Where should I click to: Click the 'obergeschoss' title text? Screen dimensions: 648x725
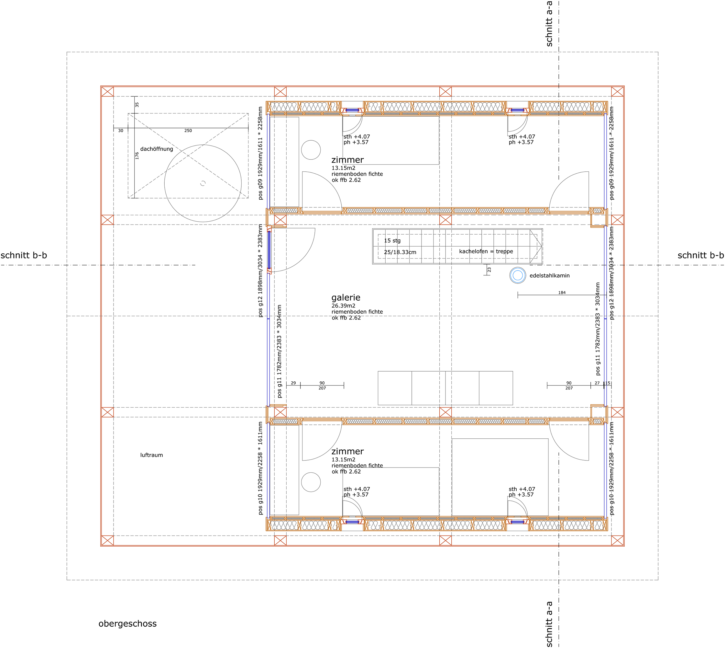[127, 623]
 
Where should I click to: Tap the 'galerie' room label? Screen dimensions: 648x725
[346, 297]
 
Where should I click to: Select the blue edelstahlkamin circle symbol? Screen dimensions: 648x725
[517, 275]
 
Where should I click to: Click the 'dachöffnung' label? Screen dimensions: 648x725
[157, 149]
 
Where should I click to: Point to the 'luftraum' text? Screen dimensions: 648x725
[151, 455]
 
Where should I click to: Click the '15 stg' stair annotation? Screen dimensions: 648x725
[392, 240]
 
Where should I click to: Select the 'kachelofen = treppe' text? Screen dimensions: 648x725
[486, 251]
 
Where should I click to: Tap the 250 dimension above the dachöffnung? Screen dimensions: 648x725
[188, 131]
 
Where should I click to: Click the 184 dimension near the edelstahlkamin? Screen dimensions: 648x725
[562, 293]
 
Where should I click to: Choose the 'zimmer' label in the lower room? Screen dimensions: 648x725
[347, 451]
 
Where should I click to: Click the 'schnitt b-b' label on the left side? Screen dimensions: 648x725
[24, 255]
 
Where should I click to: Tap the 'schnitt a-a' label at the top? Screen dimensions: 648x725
[549, 24]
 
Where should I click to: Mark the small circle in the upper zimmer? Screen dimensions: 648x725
[311, 150]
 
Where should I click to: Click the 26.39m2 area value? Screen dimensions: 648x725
[343, 306]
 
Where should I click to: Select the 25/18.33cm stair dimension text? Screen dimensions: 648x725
[400, 252]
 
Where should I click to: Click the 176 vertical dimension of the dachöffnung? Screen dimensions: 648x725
[137, 156]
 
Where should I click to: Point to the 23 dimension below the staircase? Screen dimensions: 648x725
[489, 270]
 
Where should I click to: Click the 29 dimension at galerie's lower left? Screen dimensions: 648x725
[293, 383]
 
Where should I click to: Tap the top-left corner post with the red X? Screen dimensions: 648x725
[107, 91]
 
